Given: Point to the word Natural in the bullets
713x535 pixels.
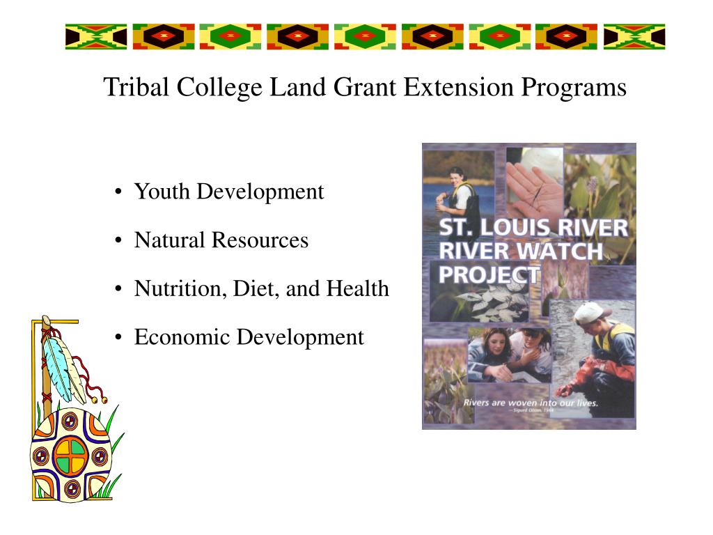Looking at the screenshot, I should pyautogui.click(x=170, y=240).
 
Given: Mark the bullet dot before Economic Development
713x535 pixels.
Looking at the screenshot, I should pyautogui.click(x=120, y=339).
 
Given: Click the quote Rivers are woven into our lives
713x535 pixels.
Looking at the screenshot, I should pyautogui.click(x=531, y=403).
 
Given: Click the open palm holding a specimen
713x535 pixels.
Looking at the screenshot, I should pyautogui.click(x=533, y=185).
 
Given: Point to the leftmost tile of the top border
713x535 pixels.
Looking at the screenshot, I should pyautogui.click(x=95, y=36).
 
